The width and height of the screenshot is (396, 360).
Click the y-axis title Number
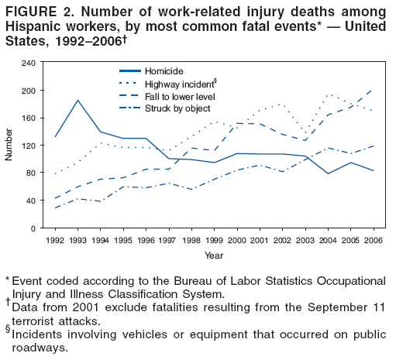click(9, 145)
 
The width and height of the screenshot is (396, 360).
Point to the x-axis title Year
click(214, 254)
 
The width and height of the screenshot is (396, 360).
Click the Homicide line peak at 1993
click(78, 100)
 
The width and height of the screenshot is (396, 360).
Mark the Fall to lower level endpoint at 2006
click(374, 90)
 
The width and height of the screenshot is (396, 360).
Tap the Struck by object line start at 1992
click(55, 207)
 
